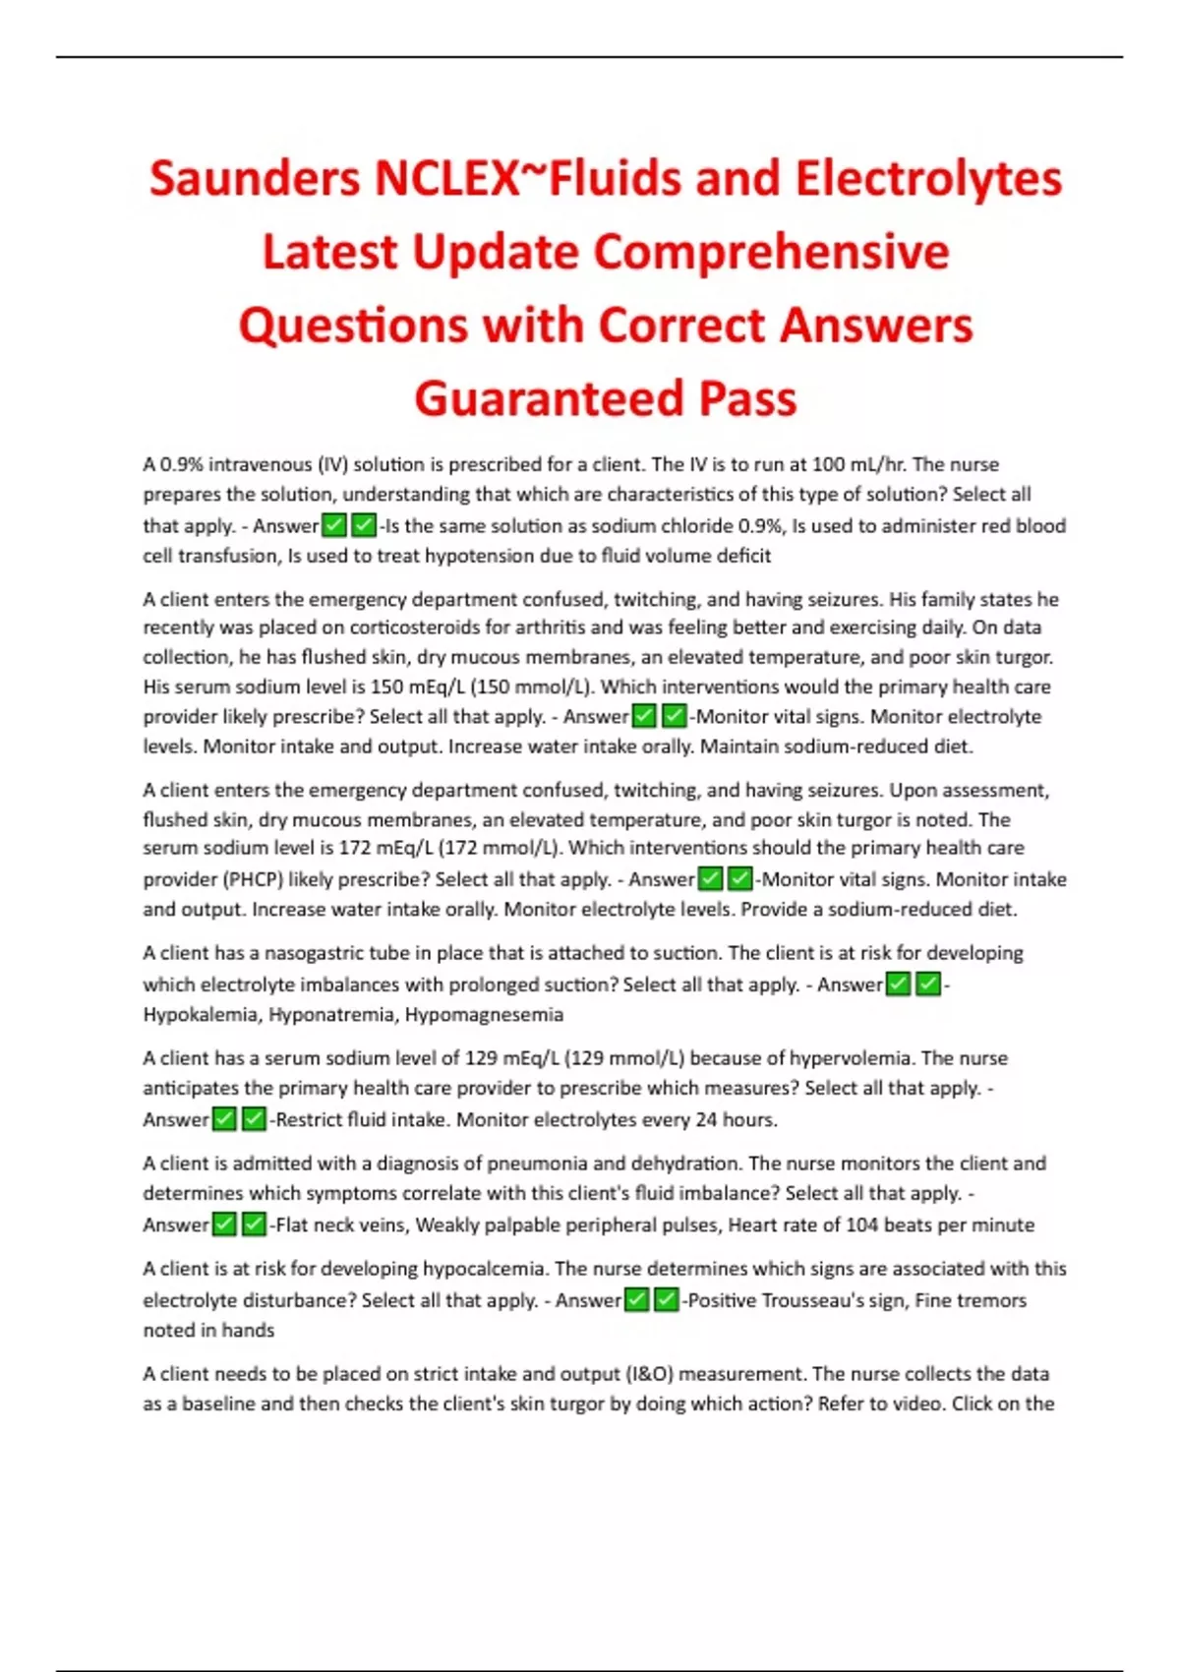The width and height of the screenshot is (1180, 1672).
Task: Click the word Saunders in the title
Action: pyautogui.click(x=255, y=179)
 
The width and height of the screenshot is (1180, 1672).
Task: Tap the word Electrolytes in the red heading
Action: pyautogui.click(x=928, y=179)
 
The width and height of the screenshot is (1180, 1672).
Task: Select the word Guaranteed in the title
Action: pyautogui.click(x=548, y=398)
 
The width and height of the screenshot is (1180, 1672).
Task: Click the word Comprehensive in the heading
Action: pyautogui.click(x=771, y=252)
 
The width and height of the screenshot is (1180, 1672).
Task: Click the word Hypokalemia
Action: pyautogui.click(x=202, y=1015)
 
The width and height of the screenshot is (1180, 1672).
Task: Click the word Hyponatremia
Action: pyautogui.click(x=332, y=1015)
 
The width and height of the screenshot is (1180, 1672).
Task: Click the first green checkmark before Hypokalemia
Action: pyautogui.click(x=898, y=985)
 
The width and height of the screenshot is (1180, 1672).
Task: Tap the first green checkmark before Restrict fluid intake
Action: pyautogui.click(x=225, y=1119)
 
